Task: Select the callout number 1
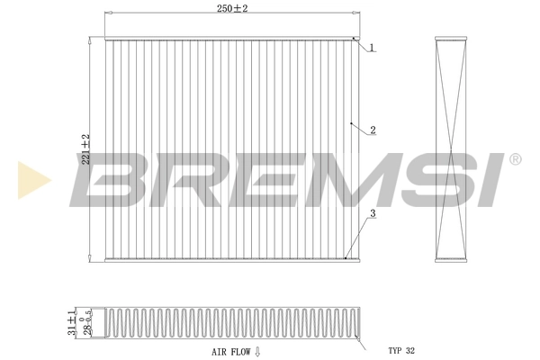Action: point(371,48)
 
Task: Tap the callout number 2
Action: point(372,130)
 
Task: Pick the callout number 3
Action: point(371,213)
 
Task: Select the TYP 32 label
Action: point(403,350)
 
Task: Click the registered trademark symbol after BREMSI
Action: point(515,159)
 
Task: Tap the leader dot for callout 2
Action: point(350,122)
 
